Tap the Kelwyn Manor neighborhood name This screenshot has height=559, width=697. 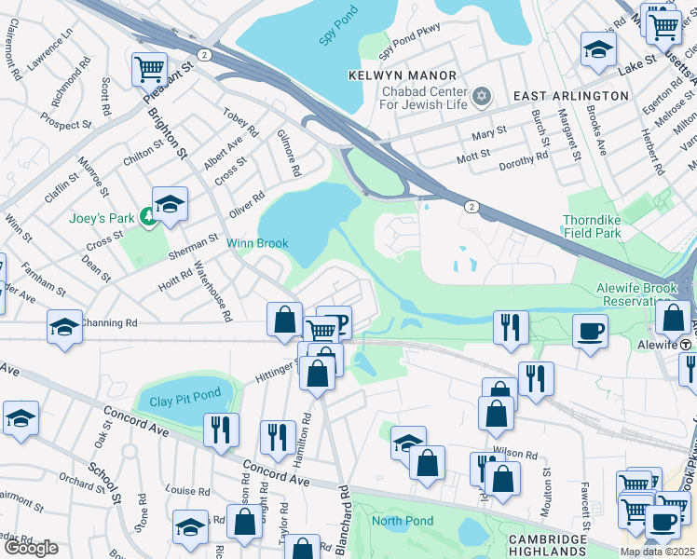click(403, 75)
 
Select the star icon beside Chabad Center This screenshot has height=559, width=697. click(482, 95)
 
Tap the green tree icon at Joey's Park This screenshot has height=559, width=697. click(147, 218)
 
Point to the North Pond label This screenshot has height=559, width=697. click(403, 520)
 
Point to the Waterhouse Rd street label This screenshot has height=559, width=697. click(212, 290)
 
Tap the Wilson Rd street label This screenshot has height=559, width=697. click(516, 456)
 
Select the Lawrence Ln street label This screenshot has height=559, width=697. click(49, 51)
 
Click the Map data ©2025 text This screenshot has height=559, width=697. click(658, 552)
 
